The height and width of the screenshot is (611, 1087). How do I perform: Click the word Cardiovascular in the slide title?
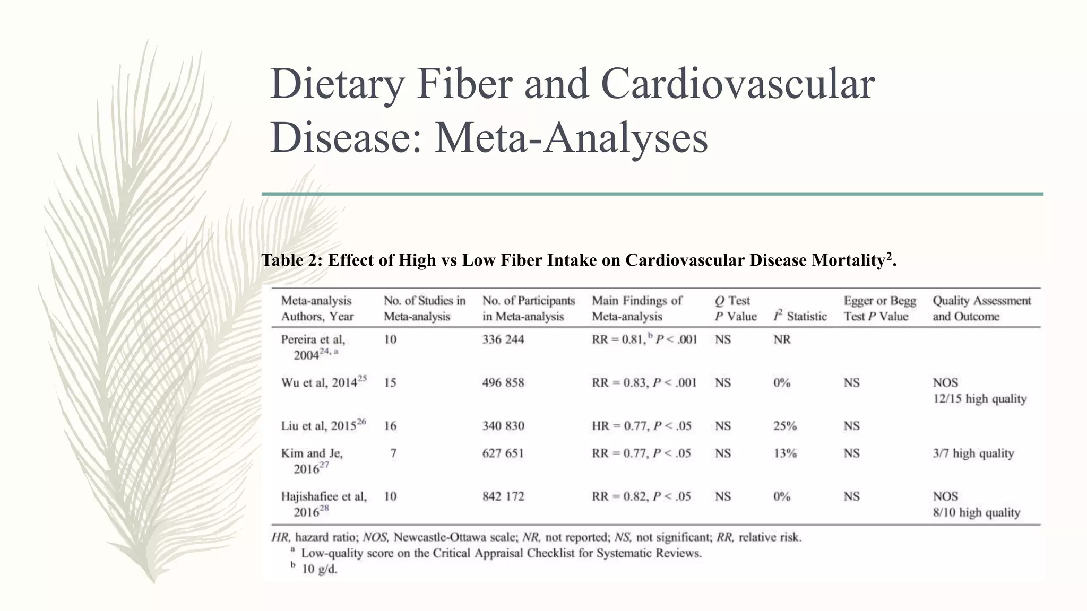[x=737, y=85]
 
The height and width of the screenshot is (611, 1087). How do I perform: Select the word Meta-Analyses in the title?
[x=571, y=138]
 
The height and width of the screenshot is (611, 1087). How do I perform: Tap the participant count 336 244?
[x=503, y=339]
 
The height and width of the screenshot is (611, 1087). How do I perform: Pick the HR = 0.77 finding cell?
[x=641, y=426]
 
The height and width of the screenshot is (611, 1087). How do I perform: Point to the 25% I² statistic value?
[x=785, y=426]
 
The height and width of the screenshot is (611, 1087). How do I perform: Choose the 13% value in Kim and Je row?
[x=785, y=453]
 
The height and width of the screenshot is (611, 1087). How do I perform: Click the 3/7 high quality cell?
[x=973, y=453]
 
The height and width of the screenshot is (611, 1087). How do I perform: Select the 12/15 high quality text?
[x=979, y=399]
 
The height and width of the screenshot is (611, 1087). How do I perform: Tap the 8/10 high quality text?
[x=976, y=513]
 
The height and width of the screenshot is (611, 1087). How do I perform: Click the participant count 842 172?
[x=503, y=497]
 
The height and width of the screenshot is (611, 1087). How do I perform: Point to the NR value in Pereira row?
[x=782, y=339]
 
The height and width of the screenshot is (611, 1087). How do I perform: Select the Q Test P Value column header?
[x=735, y=309]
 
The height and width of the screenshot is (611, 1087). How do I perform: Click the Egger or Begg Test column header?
[x=879, y=309]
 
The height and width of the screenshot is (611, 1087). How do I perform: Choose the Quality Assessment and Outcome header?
[x=981, y=309]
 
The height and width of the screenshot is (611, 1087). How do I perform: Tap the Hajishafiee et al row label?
[x=323, y=497]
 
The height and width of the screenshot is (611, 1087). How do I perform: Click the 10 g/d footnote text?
[x=320, y=570]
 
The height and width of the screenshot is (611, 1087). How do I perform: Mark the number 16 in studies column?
[x=390, y=426]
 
